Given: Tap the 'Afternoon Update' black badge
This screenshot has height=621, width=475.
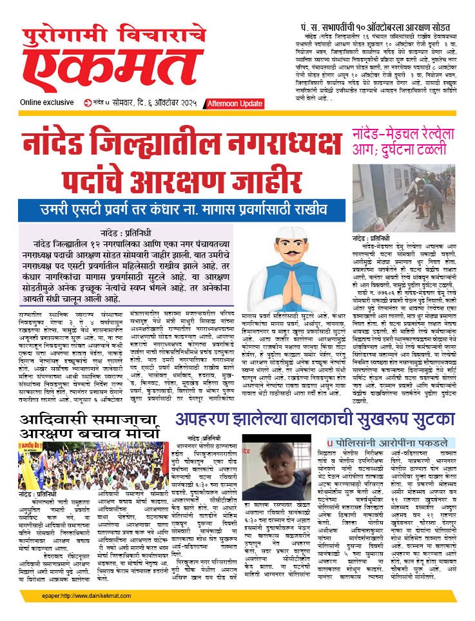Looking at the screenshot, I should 235,104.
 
